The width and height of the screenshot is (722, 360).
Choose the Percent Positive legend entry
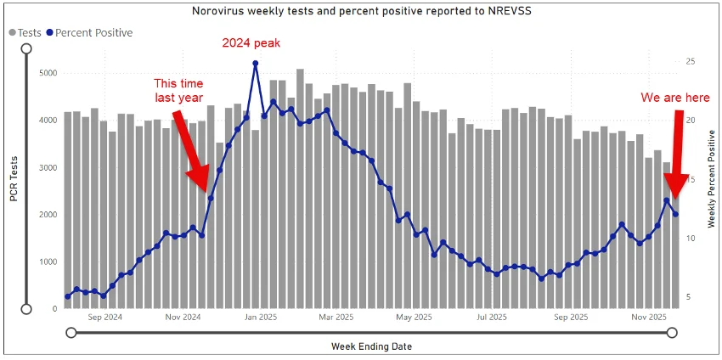[89, 32]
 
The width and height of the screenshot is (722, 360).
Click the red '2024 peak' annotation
[251, 42]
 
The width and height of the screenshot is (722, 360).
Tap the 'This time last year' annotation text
[178, 90]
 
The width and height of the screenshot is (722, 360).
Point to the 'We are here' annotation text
[675, 98]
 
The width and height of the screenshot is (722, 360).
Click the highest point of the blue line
[256, 63]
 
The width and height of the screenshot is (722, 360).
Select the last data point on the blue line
[676, 214]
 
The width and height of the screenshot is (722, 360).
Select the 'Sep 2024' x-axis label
[105, 318]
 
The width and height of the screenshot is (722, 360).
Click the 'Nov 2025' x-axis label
[647, 318]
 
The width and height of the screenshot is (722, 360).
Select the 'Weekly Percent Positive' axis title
[711, 178]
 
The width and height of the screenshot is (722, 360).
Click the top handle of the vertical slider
[26, 48]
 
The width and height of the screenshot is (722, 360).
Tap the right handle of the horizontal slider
[672, 333]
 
